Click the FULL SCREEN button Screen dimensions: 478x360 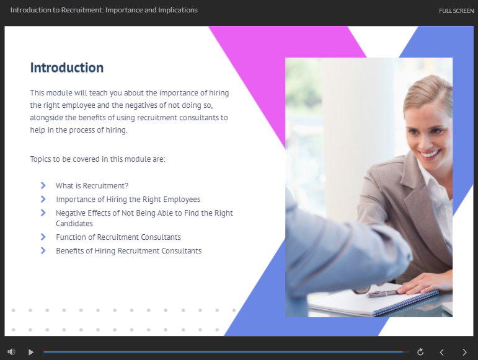pyautogui.click(x=456, y=11)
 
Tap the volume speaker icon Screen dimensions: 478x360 pyautogui.click(x=11, y=352)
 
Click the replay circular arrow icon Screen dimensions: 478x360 pyautogui.click(x=420, y=352)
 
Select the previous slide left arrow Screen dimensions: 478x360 pyautogui.click(x=441, y=353)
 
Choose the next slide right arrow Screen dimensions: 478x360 pyautogui.click(x=464, y=353)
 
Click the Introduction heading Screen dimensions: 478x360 pyautogui.click(x=67, y=68)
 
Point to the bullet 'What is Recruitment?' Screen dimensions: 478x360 pyautogui.click(x=92, y=186)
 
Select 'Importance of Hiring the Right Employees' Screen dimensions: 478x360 pyautogui.click(x=128, y=200)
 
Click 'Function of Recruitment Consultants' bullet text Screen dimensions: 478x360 pyautogui.click(x=118, y=237)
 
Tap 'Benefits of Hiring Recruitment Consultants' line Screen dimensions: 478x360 pyautogui.click(x=129, y=251)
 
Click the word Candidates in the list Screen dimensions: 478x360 pyautogui.click(x=74, y=224)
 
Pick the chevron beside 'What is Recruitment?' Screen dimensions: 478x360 pyautogui.click(x=43, y=185)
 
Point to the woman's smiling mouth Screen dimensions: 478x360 pyautogui.click(x=430, y=153)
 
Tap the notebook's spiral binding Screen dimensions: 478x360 pyautogui.click(x=405, y=302)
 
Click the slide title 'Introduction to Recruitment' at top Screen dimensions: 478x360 pyautogui.click(x=104, y=10)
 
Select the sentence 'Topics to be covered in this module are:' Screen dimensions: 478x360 pyautogui.click(x=97, y=159)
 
